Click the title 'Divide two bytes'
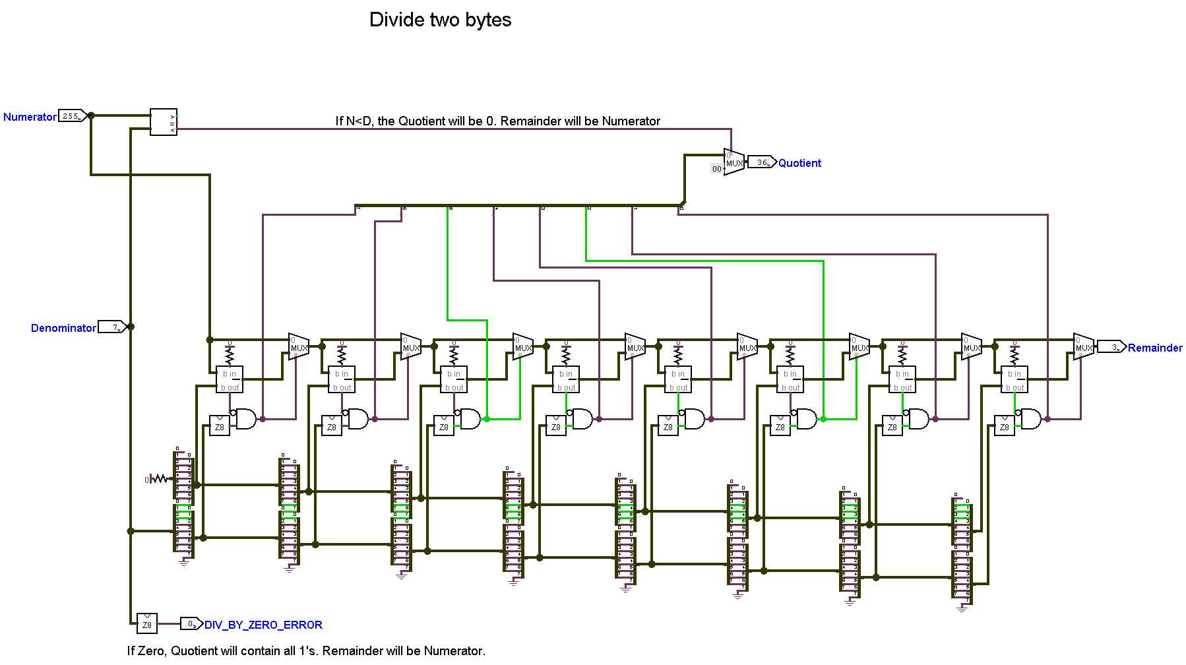tap(440, 20)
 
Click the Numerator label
tap(30, 117)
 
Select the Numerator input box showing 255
tap(72, 116)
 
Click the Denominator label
tap(63, 328)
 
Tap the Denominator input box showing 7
tap(111, 327)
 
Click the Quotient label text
tap(799, 163)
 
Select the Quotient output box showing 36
tap(761, 162)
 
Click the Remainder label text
tap(1154, 348)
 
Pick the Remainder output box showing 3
tap(1110, 347)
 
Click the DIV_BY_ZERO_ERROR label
tap(263, 625)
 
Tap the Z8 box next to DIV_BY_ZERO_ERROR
tap(147, 624)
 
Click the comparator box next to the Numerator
tap(164, 122)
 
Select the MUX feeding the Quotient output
tap(733, 162)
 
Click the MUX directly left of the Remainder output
tap(1083, 347)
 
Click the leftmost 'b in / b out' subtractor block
tap(230, 380)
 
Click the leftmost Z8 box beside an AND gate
tap(219, 426)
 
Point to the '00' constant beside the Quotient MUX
tap(716, 169)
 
